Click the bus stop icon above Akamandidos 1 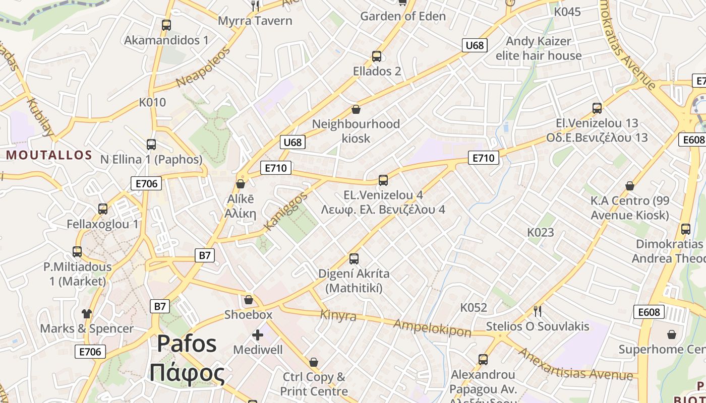tap(166, 25)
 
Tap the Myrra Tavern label tap(255, 21)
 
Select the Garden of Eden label tap(403, 16)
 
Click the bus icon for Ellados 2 tap(377, 56)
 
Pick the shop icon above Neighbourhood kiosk tap(356, 109)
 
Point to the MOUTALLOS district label tap(49, 155)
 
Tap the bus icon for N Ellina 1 tap(151, 145)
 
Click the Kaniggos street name tap(285, 211)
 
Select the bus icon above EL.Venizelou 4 tap(383, 180)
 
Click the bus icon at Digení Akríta tap(354, 259)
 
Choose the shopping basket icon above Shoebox tap(248, 300)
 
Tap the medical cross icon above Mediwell tap(258, 335)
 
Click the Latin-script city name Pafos tap(187, 344)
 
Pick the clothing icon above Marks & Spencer tap(87, 314)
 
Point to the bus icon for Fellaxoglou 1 tap(103, 209)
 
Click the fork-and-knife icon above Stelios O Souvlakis tap(538, 311)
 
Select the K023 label tap(541, 232)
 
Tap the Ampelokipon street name tap(433, 327)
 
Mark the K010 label tap(152, 102)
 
